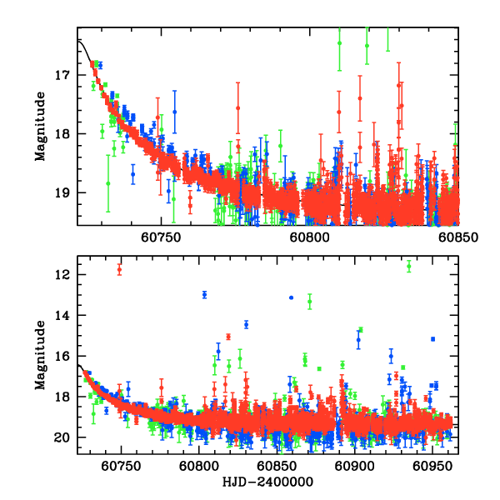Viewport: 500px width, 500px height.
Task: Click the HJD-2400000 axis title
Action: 269,482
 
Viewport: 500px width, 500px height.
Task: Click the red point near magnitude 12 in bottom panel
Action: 120,269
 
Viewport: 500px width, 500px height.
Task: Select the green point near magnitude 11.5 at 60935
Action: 409,266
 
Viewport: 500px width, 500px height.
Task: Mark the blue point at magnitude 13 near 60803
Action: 204,294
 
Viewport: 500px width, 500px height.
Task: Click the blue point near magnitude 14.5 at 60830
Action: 246,324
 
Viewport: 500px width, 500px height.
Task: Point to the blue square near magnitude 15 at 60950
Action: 432,339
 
